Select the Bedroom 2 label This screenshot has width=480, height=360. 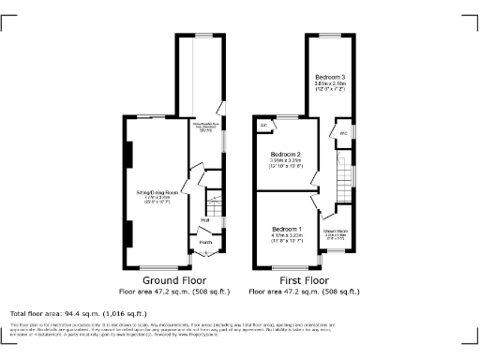pos(285,154)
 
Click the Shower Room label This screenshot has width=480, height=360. pos(337,230)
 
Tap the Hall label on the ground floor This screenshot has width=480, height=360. pos(204,220)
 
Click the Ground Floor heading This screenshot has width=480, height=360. pos(169,280)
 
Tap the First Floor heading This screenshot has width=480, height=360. pos(304,280)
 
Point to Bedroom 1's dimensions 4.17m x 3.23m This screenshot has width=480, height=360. pos(287,236)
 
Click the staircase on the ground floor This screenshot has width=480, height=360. pos(213,200)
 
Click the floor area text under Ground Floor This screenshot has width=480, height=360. pos(169,291)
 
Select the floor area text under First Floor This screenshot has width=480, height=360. pos(304,291)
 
